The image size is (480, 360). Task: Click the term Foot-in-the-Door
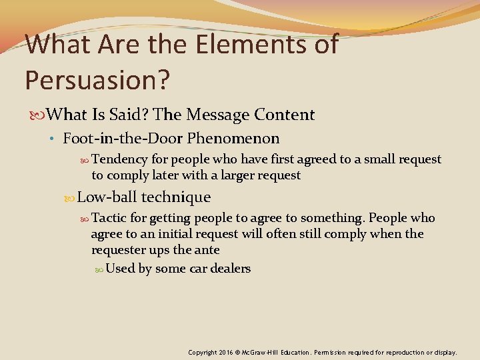pos(123,139)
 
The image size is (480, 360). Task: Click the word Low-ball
pos(107,197)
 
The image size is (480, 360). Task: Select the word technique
pos(175,197)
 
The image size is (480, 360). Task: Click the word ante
pos(207,250)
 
